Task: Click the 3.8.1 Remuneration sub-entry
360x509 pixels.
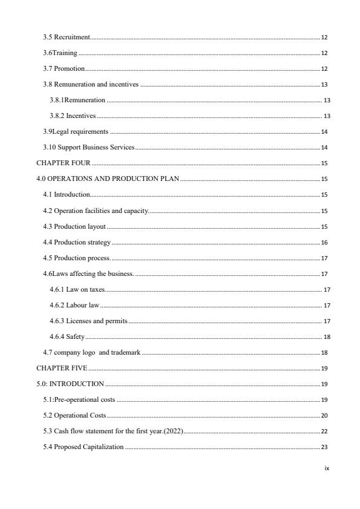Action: tap(77, 100)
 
